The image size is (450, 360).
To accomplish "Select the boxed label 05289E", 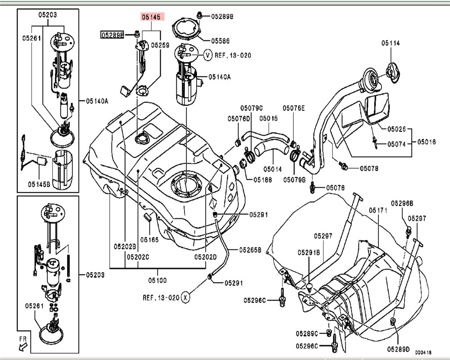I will tap(112, 34).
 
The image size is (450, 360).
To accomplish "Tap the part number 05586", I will tap(220, 41).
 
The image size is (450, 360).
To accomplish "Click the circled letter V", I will tap(208, 55).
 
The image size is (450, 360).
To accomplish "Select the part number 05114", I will tap(391, 43).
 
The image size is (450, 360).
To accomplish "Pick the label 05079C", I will tap(251, 108).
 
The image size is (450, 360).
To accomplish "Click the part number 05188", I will tap(262, 179).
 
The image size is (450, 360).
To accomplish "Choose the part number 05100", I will tap(157, 280).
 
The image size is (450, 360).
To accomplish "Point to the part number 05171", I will tap(378, 210).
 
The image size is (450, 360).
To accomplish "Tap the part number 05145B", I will tap(39, 184).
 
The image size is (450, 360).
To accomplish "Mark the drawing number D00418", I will tap(423, 353).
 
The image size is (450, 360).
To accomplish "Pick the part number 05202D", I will tap(206, 257).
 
